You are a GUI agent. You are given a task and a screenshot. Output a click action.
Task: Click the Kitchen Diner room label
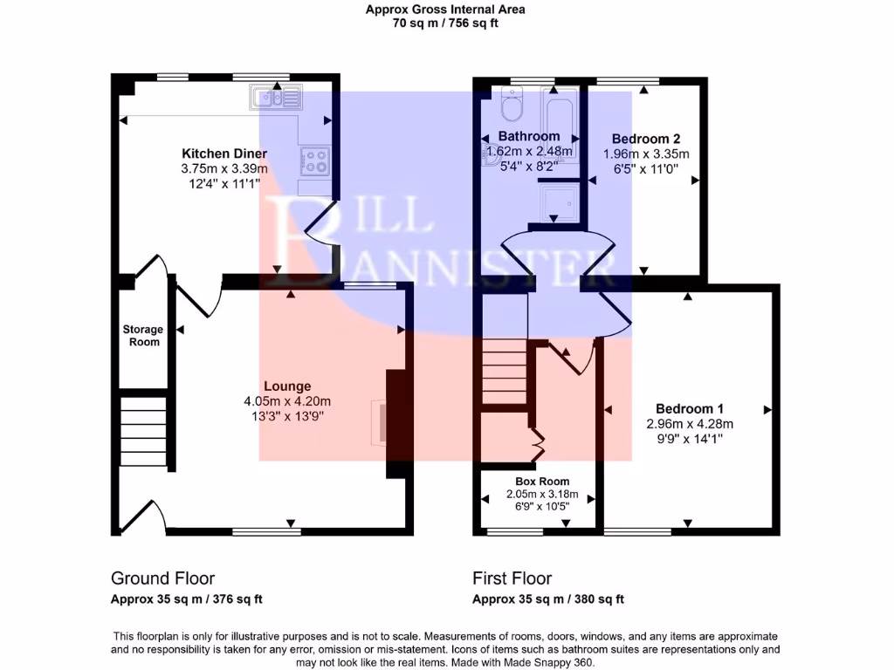coord(218,154)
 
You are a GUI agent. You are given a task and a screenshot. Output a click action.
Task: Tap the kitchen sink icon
coord(275,97)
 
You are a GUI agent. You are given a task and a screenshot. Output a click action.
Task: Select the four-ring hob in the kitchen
coord(314,161)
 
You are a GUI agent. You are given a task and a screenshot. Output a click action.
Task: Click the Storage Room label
coord(142,336)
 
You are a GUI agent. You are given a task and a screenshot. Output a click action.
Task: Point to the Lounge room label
coord(287,386)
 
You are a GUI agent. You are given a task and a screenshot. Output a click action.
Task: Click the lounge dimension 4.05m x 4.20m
coord(287,401)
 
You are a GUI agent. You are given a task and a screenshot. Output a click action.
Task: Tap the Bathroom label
coord(528,136)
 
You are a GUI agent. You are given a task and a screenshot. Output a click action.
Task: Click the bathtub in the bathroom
coord(559,118)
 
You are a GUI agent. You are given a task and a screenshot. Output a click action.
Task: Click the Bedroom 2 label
coord(646,139)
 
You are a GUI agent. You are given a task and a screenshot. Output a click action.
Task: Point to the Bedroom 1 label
coord(689,408)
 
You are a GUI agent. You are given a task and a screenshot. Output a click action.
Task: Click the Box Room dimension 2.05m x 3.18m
coord(538,494)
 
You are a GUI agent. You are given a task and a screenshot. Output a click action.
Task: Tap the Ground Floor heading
coord(162,578)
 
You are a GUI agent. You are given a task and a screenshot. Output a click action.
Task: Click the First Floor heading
coord(512,578)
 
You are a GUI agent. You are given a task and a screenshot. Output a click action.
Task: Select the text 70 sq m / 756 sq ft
coord(446,24)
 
